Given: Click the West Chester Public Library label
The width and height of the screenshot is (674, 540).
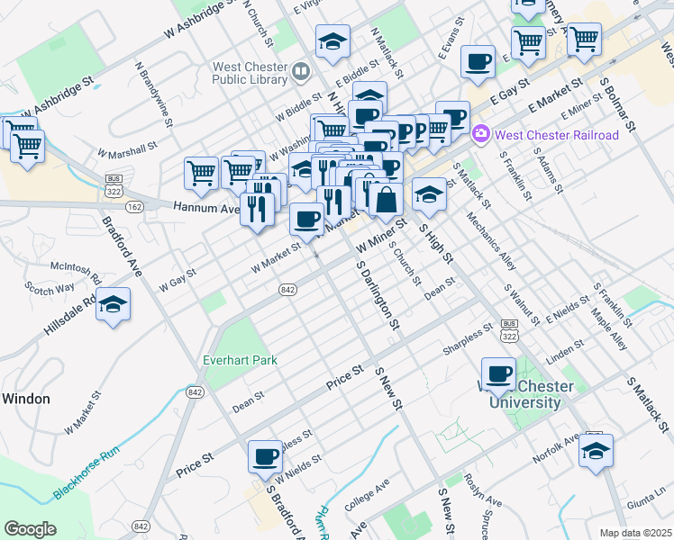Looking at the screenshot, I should click(250, 73).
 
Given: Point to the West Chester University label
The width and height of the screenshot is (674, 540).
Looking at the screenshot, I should click(531, 394).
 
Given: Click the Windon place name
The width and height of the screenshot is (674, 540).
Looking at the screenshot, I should click(25, 398).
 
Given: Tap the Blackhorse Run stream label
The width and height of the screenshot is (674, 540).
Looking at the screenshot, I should click(86, 471).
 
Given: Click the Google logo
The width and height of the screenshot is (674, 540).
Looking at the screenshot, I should click(30, 528).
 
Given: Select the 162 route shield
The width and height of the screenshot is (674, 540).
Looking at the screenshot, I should click(135, 207).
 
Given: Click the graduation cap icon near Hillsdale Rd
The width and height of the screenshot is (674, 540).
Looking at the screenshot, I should click(114, 304).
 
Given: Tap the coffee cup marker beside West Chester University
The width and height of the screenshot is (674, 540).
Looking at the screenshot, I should click(498, 373).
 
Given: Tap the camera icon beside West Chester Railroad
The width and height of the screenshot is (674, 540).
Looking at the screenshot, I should click(480, 135).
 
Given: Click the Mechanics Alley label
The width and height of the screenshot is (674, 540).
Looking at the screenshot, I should click(491, 240).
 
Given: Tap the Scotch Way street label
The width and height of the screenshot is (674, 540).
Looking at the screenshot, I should click(50, 289).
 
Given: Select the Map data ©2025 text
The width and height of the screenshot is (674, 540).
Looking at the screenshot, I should click(634, 533).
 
